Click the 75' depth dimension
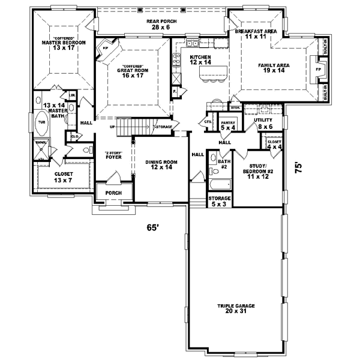point(298,169)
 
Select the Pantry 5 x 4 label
point(227,125)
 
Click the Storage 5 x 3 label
point(218,200)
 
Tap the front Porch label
point(113,193)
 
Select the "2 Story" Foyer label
point(113,154)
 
